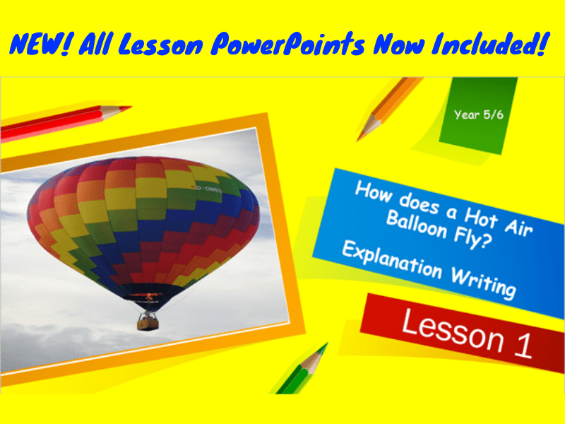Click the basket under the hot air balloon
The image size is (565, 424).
(x=148, y=320)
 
